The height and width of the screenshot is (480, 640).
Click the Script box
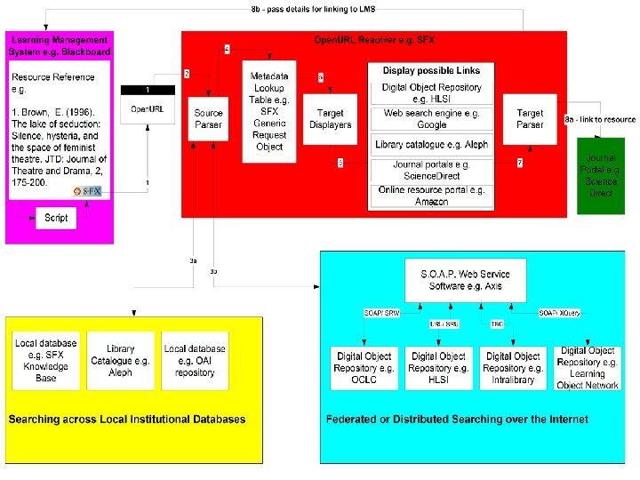coord(56,218)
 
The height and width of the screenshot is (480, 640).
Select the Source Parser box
coord(209,119)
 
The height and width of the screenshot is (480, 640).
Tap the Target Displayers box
coord(330,119)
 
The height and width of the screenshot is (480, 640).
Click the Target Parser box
coord(530,119)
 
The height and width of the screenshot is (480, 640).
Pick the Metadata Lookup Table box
coord(269,111)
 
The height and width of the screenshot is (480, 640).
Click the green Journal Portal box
coord(601,175)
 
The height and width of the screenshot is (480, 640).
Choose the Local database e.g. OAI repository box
coord(195,360)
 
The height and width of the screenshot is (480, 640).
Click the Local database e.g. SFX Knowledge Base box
coord(46,360)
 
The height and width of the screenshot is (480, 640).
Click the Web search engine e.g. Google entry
coord(432,119)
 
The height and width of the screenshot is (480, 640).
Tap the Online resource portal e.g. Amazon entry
coord(432,196)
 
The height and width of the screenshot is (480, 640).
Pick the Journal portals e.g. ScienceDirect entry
coord(432,171)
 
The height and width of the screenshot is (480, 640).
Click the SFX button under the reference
coord(88,191)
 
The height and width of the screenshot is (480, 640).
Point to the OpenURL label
coord(147,109)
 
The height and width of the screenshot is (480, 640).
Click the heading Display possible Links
coord(431,71)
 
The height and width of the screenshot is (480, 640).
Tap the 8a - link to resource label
coord(601,119)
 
